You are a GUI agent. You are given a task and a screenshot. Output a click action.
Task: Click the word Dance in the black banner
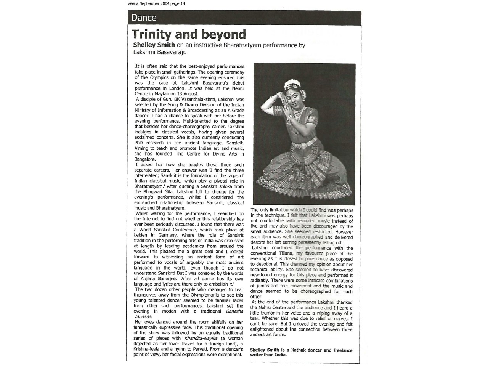click(144, 18)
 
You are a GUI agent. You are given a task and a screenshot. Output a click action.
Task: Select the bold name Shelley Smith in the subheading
click(154, 45)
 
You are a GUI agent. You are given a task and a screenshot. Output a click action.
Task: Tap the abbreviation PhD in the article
click(140, 143)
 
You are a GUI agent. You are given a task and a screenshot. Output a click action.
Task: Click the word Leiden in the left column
click(141, 235)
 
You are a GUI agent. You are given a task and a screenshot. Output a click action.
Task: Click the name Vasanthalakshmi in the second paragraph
click(196, 100)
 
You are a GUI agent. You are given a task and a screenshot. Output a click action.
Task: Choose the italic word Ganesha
click(234, 311)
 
